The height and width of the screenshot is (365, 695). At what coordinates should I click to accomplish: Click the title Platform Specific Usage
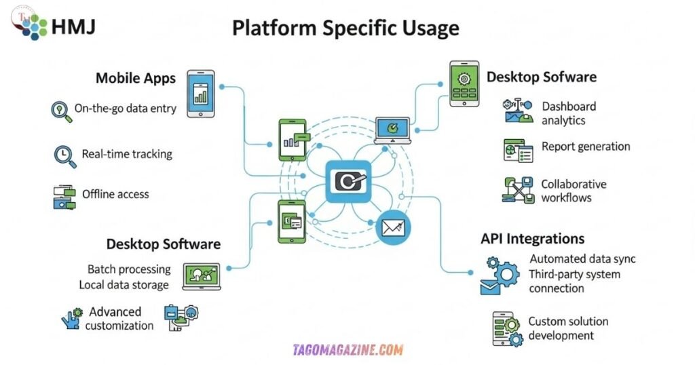point(345,28)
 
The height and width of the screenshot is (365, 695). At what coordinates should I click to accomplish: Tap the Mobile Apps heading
point(136,78)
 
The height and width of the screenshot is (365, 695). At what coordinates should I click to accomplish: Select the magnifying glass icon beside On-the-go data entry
point(62,111)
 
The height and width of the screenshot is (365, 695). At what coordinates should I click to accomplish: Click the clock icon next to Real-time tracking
point(64,155)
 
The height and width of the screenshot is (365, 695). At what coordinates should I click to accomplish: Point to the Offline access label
point(115,194)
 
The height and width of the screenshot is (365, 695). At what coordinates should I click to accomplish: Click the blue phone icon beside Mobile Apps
point(200,93)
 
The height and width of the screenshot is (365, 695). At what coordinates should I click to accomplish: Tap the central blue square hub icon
point(348,181)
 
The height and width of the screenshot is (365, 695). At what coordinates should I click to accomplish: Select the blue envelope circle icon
point(394,228)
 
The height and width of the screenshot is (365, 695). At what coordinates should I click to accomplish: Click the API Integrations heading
point(532,239)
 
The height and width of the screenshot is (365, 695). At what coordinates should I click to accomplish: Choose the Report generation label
point(586,147)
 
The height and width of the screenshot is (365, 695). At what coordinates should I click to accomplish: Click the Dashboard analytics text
point(569,113)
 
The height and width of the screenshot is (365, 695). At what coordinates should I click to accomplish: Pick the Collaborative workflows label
point(574,191)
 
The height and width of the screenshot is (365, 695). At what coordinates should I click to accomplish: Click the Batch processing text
point(128,269)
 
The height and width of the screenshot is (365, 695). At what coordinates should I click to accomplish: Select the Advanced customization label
point(119,318)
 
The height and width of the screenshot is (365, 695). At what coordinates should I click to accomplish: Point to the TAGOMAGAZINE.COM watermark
point(347,350)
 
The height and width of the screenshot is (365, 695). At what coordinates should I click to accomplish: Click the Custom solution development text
point(568,328)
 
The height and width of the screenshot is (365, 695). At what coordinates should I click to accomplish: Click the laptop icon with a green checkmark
point(392,130)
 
